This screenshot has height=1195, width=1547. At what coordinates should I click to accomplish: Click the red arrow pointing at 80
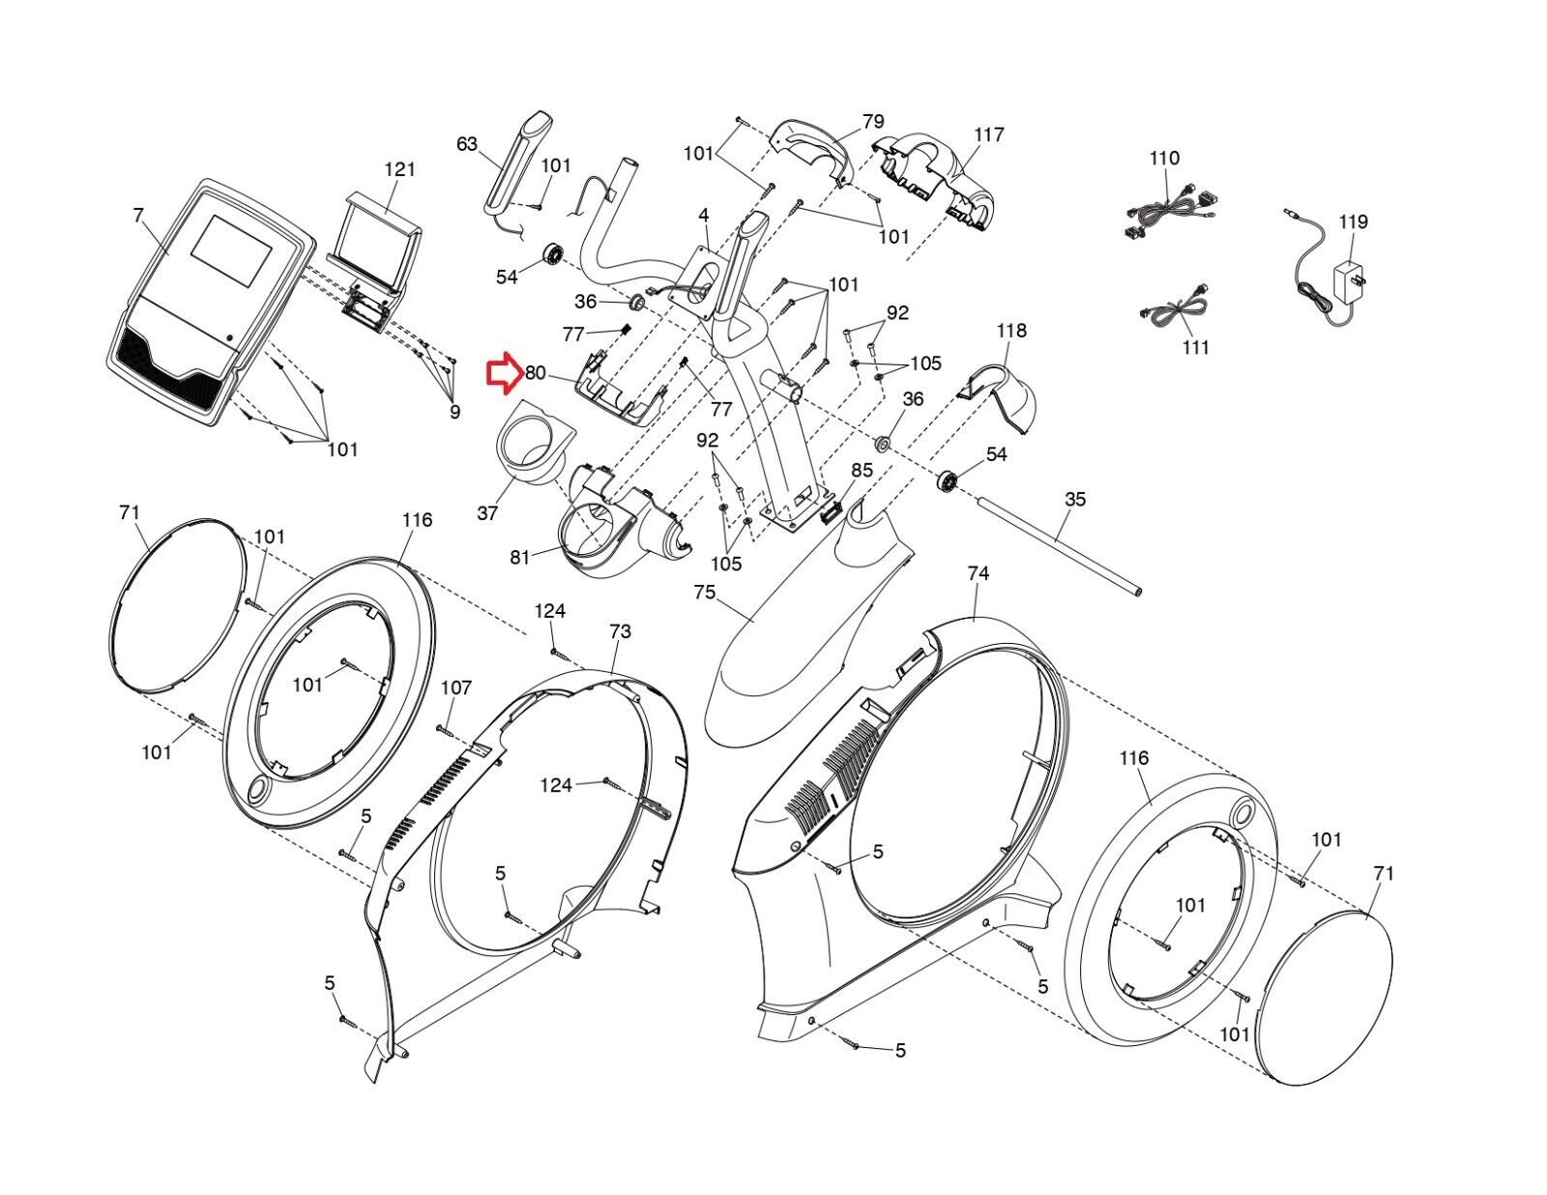503,374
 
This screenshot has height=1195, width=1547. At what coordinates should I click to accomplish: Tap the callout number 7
138,215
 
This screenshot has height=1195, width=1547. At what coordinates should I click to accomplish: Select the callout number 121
399,169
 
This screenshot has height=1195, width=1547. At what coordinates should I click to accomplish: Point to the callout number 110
1164,158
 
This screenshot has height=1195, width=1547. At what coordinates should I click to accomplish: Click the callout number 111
1196,347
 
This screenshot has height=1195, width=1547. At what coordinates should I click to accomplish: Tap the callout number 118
1011,331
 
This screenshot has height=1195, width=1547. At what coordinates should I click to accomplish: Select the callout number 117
989,134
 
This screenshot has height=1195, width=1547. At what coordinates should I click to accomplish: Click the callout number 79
873,122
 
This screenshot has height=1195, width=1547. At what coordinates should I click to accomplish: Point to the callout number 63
467,144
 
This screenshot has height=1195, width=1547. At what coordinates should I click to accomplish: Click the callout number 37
487,513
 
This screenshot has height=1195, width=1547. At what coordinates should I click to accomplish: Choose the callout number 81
520,557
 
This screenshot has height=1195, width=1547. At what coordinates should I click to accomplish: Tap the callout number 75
705,591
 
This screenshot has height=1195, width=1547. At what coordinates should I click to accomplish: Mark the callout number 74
978,573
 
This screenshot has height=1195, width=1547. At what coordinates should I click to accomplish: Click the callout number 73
620,631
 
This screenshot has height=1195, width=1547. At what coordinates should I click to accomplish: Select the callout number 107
456,687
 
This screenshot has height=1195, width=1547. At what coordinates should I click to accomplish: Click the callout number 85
861,470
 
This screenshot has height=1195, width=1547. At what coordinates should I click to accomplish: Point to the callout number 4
704,215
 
